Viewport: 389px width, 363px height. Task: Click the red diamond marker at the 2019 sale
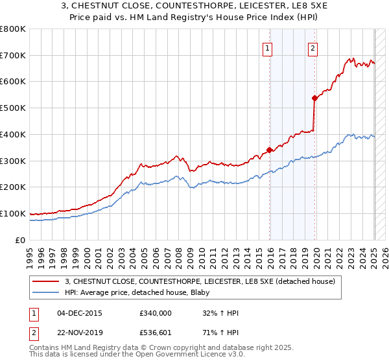coord(314,99)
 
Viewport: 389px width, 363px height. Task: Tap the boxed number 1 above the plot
coord(267,47)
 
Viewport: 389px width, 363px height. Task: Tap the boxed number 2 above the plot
coord(312,47)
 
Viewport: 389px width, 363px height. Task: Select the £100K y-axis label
coord(13,213)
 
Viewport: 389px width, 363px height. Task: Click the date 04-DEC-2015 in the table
coord(79,313)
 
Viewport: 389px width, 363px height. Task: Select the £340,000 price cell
coord(156,313)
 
